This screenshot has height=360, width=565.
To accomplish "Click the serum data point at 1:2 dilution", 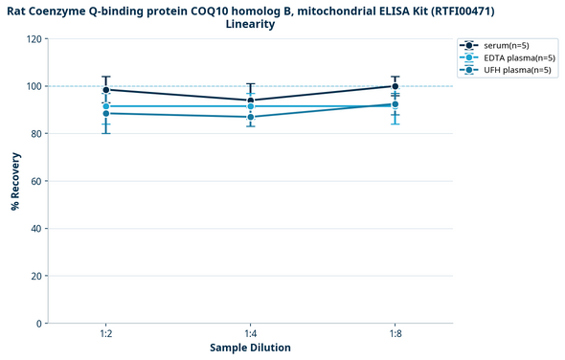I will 105,90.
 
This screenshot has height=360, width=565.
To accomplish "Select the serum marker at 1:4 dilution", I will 250,101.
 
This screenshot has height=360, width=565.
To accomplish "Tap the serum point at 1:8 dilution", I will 395,86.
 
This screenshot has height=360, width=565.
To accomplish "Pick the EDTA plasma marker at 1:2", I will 105,106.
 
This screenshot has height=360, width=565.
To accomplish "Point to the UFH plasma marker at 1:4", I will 250,117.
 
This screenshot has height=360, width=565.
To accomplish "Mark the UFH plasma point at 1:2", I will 105,114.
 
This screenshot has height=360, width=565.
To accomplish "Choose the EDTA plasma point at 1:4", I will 250,106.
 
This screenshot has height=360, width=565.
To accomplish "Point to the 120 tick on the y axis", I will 34,39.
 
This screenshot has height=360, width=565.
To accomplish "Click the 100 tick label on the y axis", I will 34,86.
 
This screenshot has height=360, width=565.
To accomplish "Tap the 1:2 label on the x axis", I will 105,333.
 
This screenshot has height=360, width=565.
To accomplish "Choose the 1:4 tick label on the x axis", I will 250,333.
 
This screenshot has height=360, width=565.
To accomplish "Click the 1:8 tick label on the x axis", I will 395,333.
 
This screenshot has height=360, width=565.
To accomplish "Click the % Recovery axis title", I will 15,181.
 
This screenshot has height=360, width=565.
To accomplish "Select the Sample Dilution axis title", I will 250,348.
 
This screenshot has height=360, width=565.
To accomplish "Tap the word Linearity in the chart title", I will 250,24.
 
